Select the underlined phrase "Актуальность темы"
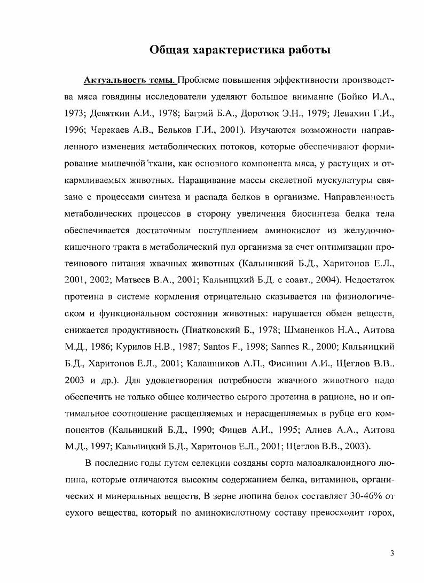click(129, 81)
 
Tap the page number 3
click(392, 554)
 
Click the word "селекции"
click(202, 463)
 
